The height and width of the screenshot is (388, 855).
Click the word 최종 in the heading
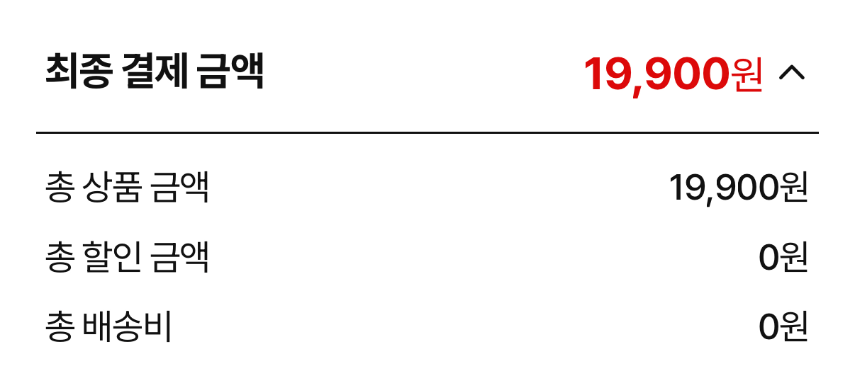click(x=79, y=72)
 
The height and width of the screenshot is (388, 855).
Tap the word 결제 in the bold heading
click(x=155, y=72)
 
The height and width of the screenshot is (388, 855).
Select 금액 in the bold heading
click(x=230, y=72)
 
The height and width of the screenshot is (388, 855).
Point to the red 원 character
click(x=747, y=75)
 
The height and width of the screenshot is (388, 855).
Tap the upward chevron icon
click(x=792, y=72)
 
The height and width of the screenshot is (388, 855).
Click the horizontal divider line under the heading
click(x=428, y=132)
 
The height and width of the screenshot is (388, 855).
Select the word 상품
click(x=113, y=187)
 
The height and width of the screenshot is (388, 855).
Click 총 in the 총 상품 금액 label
click(x=60, y=187)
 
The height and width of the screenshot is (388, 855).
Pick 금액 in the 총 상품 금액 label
click(x=179, y=187)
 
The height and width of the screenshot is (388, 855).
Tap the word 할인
click(x=113, y=256)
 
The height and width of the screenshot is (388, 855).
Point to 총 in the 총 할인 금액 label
click(x=60, y=256)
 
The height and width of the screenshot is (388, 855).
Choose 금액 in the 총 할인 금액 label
click(x=179, y=256)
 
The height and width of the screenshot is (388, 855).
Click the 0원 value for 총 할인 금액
click(x=783, y=257)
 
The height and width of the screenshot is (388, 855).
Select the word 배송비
click(x=127, y=326)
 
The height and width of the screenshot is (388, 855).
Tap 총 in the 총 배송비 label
click(x=60, y=326)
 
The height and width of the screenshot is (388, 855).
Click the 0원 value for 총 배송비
click(x=783, y=326)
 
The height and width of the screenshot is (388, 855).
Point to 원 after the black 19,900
click(x=793, y=187)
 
